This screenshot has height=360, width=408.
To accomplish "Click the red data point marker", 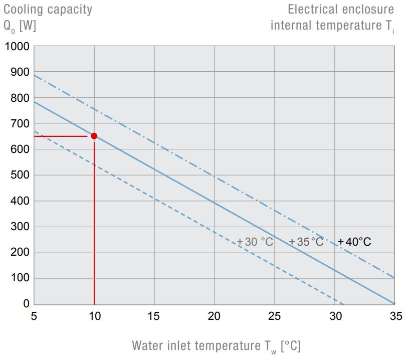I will (94, 136).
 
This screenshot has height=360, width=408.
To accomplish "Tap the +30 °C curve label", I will (255, 242).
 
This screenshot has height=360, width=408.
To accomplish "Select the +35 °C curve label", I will (306, 242).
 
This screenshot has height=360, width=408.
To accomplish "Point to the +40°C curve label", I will (354, 242).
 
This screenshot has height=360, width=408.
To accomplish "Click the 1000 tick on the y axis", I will (18, 47).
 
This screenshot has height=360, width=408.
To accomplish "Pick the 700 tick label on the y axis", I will (21, 123).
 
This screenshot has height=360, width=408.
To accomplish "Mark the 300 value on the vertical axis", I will (21, 227).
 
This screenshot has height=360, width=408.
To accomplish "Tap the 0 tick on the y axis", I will (27, 304).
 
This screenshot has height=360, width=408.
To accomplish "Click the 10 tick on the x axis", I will (94, 316).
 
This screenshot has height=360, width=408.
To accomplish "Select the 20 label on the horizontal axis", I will (215, 316).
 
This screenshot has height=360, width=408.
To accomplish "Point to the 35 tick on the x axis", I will (395, 316).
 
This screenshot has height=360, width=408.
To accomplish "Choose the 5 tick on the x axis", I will (34, 316).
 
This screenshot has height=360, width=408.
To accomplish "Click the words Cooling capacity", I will (48, 10).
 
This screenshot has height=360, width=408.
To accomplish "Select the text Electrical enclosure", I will (341, 10).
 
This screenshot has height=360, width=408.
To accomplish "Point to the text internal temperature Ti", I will (332, 26).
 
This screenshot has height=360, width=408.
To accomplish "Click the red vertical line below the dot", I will (94, 226).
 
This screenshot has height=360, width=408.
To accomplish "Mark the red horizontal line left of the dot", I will (60, 136).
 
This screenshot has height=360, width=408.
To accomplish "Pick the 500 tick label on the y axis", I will (21, 175).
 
